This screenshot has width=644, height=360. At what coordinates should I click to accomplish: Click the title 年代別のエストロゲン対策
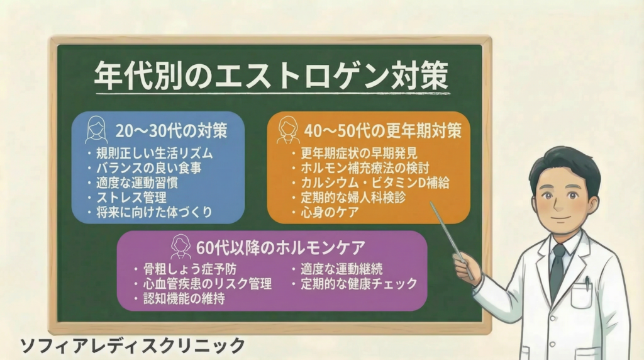coord(272,76)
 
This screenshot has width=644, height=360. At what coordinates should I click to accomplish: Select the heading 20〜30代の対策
coord(171,131)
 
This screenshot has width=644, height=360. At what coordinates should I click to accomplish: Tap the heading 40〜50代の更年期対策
coord(383,131)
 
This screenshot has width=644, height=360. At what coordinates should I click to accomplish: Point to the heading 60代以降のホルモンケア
coord(280,248)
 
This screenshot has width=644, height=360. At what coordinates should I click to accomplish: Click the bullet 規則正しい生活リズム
coord(155,154)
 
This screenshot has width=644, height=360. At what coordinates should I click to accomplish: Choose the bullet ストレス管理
coord(131,197)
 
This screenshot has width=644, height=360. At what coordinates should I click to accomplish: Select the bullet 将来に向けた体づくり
coord(154,212)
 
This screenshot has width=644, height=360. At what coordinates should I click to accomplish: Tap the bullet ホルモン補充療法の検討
coord(365,167)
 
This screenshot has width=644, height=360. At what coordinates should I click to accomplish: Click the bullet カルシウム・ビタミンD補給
coord(375,183)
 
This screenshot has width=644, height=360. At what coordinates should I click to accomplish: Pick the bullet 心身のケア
coord(330,212)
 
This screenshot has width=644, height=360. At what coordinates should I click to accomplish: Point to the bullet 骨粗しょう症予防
coord(190,269)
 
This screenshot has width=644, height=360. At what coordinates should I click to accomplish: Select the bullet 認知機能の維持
coord(184,298)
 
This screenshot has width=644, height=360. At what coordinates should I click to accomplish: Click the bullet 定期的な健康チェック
coord(359,284)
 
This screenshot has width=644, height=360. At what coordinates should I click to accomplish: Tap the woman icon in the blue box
coord(96,130)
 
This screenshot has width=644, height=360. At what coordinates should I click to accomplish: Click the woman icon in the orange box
coord(288,130)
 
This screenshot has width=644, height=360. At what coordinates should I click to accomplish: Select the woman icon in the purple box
coord(181,247)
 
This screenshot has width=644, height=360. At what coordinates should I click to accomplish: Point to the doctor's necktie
coord(557,271)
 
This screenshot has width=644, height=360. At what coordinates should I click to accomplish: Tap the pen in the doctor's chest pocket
coord(588,283)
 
